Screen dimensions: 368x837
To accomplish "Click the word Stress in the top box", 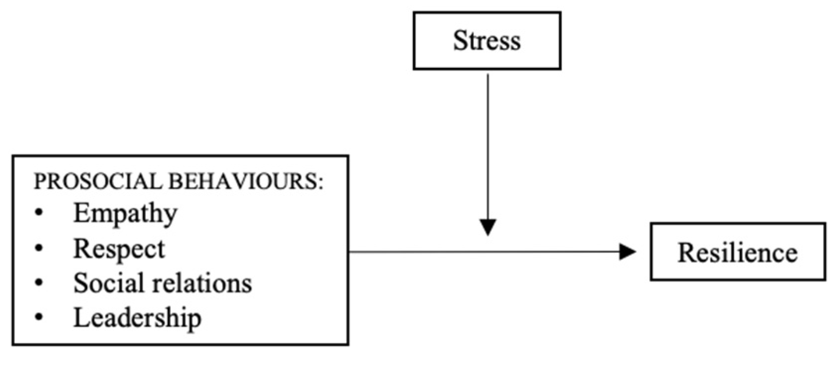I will coord(487,40).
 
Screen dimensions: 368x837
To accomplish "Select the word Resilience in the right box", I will coord(737,252).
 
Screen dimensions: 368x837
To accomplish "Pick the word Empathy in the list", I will coord(125,214).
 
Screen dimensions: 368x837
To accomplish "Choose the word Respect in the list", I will coord(119,249).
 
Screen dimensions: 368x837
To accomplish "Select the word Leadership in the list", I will coord(137,317).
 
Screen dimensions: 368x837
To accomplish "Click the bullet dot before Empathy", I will coord(39,213).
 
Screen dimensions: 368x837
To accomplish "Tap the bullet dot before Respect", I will coord(39,248).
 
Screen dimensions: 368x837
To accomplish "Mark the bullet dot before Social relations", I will coord(39,283).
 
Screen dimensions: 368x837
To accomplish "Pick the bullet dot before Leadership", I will coord(39,317).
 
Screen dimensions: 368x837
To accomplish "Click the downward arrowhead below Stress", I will coord(488,227).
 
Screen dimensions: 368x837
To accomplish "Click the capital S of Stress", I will coord(459,40).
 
